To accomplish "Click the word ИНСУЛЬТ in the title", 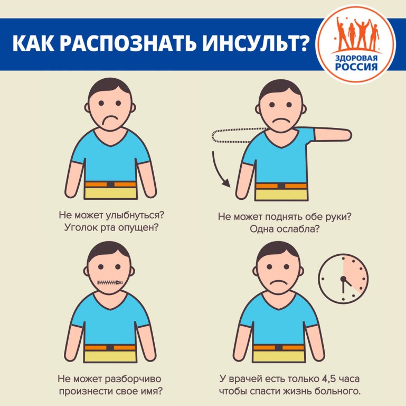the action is pyautogui.click(x=249, y=43).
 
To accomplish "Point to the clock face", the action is pyautogui.click(x=343, y=279).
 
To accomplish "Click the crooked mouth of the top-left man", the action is pyautogui.click(x=109, y=121).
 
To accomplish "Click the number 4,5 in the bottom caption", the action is pyautogui.click(x=329, y=379).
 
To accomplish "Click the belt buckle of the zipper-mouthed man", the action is pyautogui.click(x=110, y=347).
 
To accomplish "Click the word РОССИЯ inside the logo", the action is pyautogui.click(x=356, y=67).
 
